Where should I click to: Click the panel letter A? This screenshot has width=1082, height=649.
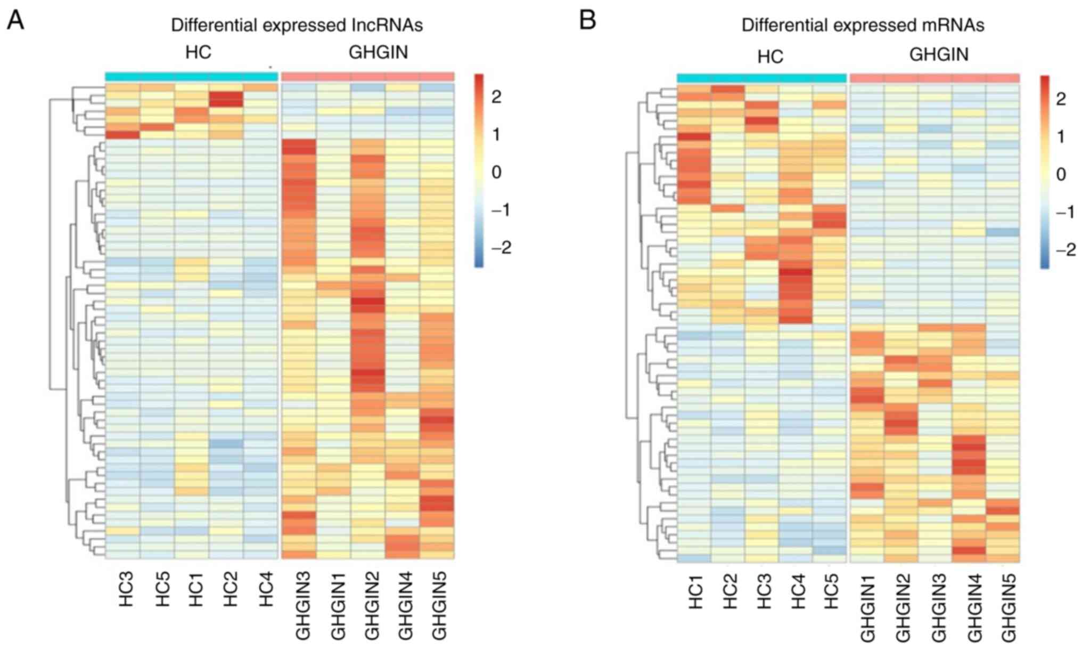tap(15, 21)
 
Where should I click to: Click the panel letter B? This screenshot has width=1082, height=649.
tap(587, 21)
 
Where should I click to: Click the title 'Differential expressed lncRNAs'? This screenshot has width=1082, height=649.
tap(297, 25)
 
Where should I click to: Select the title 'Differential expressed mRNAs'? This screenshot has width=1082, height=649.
tap(863, 25)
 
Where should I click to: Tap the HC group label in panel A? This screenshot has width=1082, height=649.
tap(198, 52)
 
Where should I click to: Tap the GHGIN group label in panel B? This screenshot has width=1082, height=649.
tap(939, 54)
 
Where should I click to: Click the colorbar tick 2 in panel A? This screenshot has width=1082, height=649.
tap(496, 97)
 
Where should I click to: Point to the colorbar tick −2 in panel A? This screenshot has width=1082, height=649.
tap(501, 248)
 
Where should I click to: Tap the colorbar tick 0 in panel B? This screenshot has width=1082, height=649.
tap(1061, 174)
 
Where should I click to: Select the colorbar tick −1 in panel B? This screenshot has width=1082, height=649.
tap(1065, 212)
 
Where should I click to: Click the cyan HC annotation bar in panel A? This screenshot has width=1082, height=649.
tap(192, 77)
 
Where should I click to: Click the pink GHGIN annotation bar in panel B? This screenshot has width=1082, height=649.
tap(935, 78)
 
